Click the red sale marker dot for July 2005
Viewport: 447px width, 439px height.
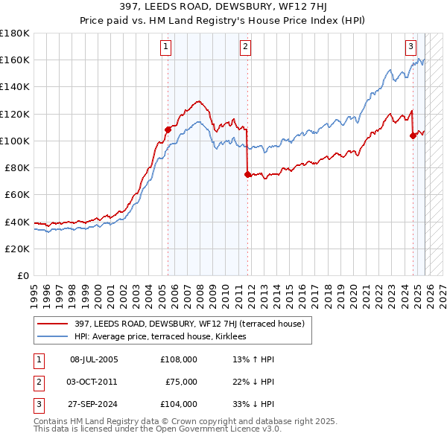pos(168,129)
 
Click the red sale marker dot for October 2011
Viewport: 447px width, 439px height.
pos(247,174)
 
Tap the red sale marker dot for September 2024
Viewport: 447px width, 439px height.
pos(413,135)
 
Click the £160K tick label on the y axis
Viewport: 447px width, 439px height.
pos(14,60)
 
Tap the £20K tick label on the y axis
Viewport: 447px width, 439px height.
pos(16,249)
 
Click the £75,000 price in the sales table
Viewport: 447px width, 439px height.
pos(180,382)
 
